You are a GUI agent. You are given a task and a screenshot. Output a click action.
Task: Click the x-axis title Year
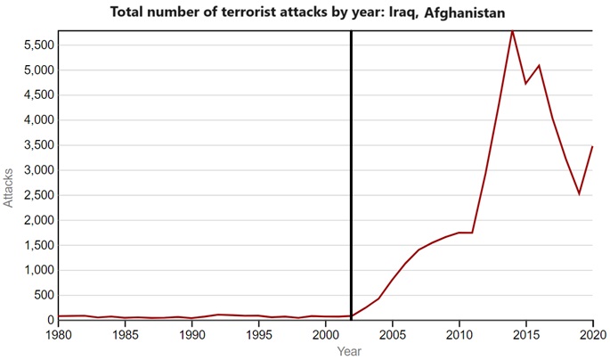(x=349, y=352)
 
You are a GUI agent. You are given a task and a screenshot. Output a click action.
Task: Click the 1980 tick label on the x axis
(x=59, y=335)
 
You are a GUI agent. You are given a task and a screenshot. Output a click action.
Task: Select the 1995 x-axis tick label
(x=258, y=335)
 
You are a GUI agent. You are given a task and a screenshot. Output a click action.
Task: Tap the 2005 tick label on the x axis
(x=392, y=335)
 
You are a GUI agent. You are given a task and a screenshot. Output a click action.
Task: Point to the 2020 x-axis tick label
(x=590, y=335)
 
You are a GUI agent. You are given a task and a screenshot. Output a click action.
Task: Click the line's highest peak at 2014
(x=512, y=31)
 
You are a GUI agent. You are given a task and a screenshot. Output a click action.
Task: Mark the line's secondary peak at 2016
(x=539, y=65)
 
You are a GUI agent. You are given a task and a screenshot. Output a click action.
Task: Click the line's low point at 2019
(x=579, y=193)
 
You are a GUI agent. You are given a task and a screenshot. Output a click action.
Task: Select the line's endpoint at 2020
(x=592, y=146)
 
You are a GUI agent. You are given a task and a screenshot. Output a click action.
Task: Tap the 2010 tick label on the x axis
(x=459, y=335)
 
